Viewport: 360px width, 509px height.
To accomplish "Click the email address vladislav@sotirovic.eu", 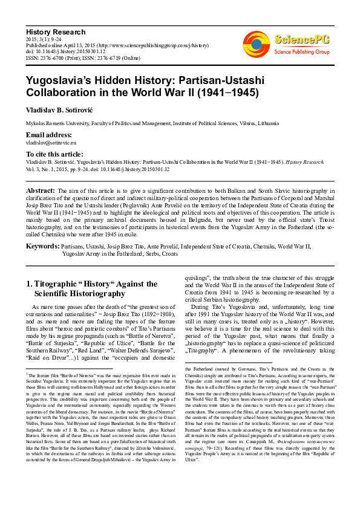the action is click(51, 143).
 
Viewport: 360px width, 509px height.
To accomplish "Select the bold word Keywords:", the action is click(42, 246).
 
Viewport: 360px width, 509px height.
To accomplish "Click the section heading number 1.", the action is click(30, 283).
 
